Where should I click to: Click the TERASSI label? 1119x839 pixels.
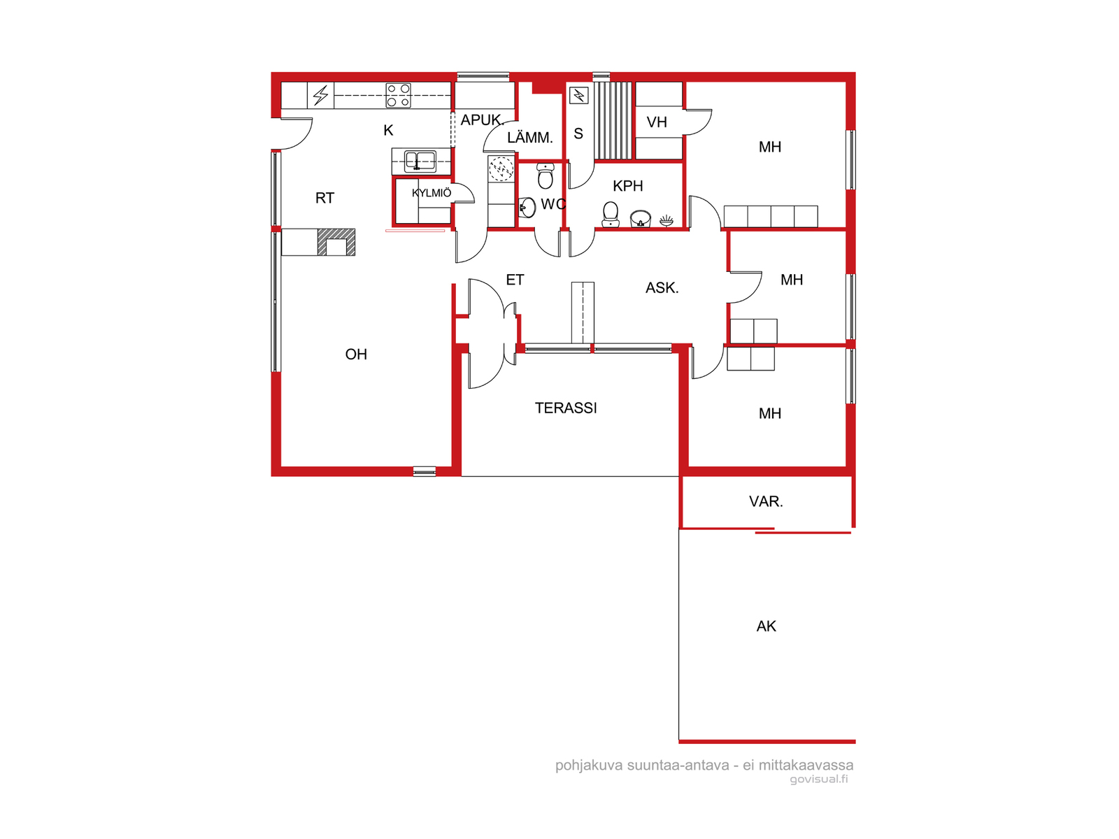tap(565, 408)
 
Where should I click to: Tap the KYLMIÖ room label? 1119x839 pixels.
tap(432, 193)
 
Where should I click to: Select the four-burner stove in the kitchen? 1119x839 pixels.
tap(398, 95)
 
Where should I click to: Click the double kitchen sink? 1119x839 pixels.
tap(420, 161)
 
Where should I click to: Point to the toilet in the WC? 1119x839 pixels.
tap(546, 175)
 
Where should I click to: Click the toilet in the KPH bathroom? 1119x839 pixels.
tap(611, 215)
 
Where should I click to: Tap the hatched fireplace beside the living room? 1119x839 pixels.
tap(336, 242)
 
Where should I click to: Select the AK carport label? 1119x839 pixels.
tap(766, 626)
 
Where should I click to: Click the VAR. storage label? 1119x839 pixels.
tap(766, 502)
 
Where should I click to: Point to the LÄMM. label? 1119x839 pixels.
tap(529, 138)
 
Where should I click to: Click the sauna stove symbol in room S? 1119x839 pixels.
tap(578, 95)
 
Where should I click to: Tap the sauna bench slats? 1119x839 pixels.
tap(613, 121)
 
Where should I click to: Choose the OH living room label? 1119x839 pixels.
tap(356, 354)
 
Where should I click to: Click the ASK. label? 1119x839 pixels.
tap(662, 288)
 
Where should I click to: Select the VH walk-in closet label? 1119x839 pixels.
tap(657, 122)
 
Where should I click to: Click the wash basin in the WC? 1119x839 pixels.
tap(527, 208)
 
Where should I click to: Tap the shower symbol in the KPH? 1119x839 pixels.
tap(667, 220)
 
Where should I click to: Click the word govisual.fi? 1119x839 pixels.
tap(819, 779)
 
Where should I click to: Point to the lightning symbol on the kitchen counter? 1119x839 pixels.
tap(320, 95)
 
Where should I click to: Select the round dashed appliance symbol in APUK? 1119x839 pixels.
tap(501, 168)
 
